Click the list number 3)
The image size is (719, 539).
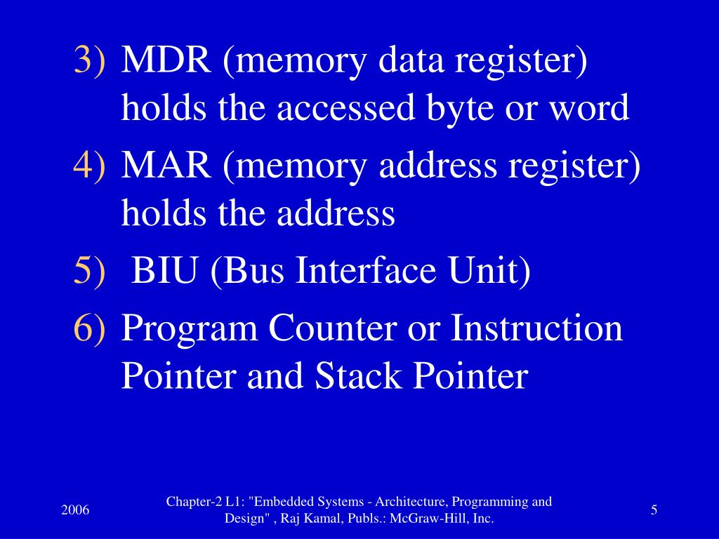91,62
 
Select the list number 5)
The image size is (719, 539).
91,272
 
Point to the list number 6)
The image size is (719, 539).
91,328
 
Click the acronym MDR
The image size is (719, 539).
166,62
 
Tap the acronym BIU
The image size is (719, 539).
166,272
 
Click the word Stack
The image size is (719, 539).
359,376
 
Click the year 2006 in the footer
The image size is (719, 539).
75,510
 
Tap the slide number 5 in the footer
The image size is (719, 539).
654,510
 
